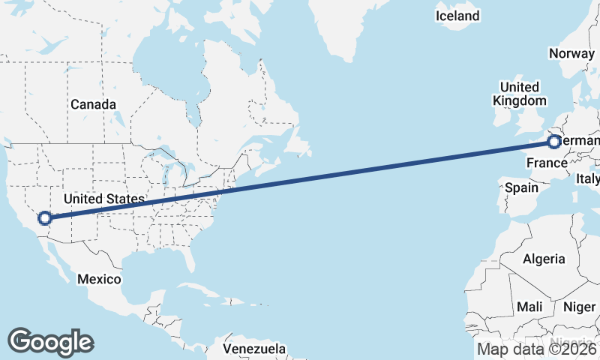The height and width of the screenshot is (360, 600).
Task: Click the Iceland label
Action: [x=457, y=16]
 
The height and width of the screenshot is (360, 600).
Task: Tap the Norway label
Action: [x=571, y=53]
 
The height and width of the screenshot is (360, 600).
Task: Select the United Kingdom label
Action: [x=519, y=94]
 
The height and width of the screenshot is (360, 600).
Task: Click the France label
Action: [x=545, y=163]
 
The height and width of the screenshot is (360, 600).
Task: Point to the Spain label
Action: [x=521, y=187]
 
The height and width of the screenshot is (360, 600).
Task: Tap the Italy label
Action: [x=587, y=179]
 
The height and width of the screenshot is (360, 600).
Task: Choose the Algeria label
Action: [x=544, y=259]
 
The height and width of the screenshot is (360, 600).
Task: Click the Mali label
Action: [x=529, y=307]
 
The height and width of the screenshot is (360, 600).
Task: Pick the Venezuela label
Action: [x=255, y=349]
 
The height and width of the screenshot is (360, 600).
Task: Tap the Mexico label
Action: [x=99, y=279]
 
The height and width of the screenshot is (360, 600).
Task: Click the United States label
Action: [x=103, y=199]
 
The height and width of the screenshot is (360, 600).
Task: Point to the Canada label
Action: [x=93, y=104]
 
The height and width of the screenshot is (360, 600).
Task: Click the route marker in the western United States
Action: [x=45, y=218]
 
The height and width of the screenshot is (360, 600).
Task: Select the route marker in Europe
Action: [x=553, y=142]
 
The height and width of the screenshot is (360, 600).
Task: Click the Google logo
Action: [x=50, y=341]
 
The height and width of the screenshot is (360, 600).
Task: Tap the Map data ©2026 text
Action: [x=537, y=349]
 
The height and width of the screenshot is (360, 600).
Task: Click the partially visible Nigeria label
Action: [x=577, y=339]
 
